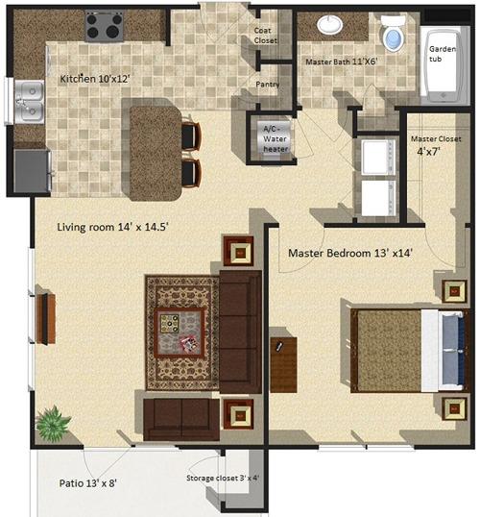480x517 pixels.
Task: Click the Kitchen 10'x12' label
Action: click(x=93, y=79)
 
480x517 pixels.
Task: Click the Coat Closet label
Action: click(x=265, y=36)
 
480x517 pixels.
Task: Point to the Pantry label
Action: click(x=268, y=85)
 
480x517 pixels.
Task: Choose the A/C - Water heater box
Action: click(x=270, y=134)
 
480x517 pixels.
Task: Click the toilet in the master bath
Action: click(x=394, y=35)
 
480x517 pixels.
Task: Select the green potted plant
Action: click(x=50, y=421)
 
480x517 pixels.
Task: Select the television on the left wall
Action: click(x=43, y=318)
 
